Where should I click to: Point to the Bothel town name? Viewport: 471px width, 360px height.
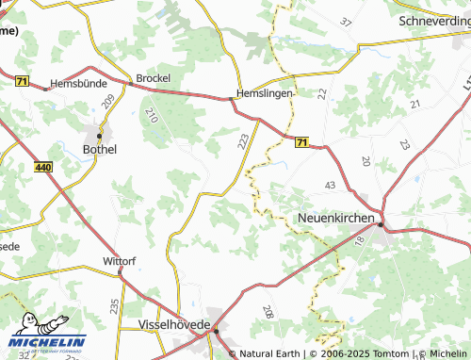click(x=101, y=149)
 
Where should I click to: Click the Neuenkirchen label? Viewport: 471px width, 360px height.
click(x=336, y=218)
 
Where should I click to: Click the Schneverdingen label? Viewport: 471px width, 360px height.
click(x=434, y=20)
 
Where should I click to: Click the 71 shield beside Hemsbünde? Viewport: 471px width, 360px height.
click(x=22, y=82)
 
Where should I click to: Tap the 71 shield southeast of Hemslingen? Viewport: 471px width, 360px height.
click(x=301, y=142)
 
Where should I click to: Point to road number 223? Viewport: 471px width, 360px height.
click(x=244, y=141)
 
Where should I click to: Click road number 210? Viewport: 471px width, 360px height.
click(x=152, y=116)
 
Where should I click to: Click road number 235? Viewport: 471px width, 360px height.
click(x=114, y=305)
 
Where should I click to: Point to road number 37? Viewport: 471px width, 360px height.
click(x=345, y=21)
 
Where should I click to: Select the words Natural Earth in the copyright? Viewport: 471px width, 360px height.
click(x=271, y=353)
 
